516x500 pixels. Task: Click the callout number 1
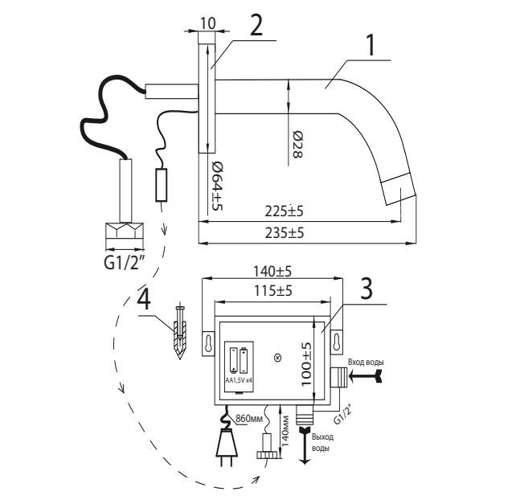371,45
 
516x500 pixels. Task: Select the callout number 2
256,26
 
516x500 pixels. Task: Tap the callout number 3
367,289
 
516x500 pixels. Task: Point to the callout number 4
144,301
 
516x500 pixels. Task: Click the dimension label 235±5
285,233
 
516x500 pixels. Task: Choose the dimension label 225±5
284,211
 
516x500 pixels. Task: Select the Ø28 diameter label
298,145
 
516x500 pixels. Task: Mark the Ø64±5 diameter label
216,186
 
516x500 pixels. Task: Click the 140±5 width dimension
272,272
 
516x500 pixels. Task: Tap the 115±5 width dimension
272,291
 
